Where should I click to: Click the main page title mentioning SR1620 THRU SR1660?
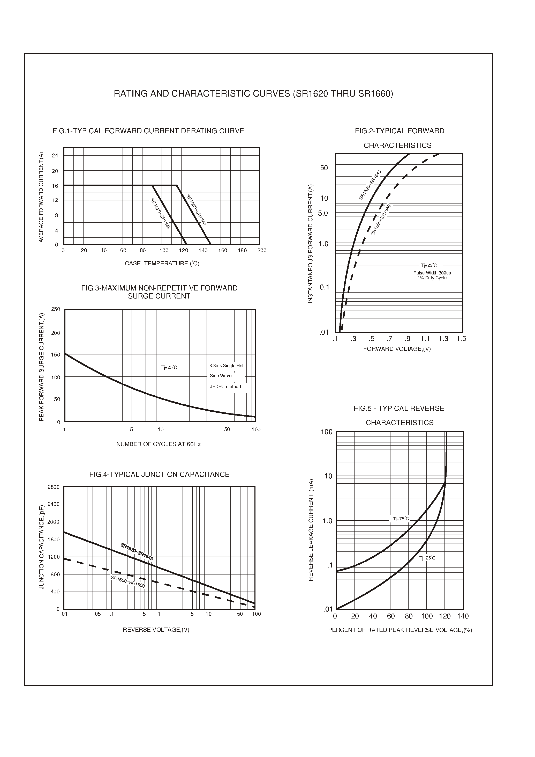click(x=253, y=94)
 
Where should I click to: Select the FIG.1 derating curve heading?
click(x=148, y=131)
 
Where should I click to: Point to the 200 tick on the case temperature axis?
click(x=262, y=250)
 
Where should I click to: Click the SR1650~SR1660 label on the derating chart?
click(x=196, y=210)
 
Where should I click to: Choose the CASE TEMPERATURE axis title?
click(x=162, y=264)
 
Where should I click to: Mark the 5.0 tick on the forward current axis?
click(x=323, y=213)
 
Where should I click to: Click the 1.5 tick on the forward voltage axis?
click(x=461, y=339)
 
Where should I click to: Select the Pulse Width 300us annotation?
click(x=432, y=273)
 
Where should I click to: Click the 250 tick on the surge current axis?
click(x=56, y=309)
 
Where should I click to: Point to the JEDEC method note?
click(x=225, y=387)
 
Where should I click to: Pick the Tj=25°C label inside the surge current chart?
click(x=169, y=367)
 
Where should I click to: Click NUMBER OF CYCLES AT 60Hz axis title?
click(x=158, y=444)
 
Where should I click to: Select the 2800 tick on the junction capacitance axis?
click(x=53, y=487)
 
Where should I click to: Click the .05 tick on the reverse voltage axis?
click(x=97, y=614)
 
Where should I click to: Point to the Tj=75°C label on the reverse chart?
click(x=401, y=519)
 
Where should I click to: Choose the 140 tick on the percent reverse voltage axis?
click(x=463, y=616)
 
